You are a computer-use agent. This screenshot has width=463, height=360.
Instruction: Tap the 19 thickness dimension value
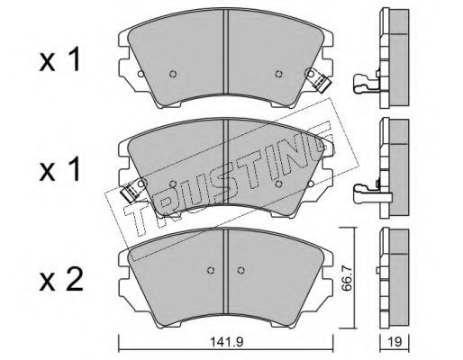click(393, 342)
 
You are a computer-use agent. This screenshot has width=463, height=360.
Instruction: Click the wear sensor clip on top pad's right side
click(318, 82)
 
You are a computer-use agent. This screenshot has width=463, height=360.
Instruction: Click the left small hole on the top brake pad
click(174, 75)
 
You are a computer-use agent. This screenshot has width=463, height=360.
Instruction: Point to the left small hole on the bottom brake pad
click(211, 270)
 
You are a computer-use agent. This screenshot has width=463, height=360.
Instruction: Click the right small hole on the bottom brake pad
click(240, 270)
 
